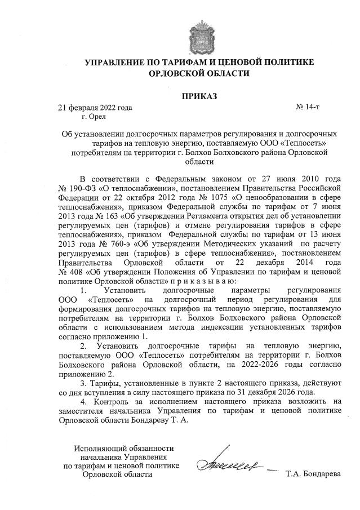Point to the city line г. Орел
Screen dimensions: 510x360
(94, 117)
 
